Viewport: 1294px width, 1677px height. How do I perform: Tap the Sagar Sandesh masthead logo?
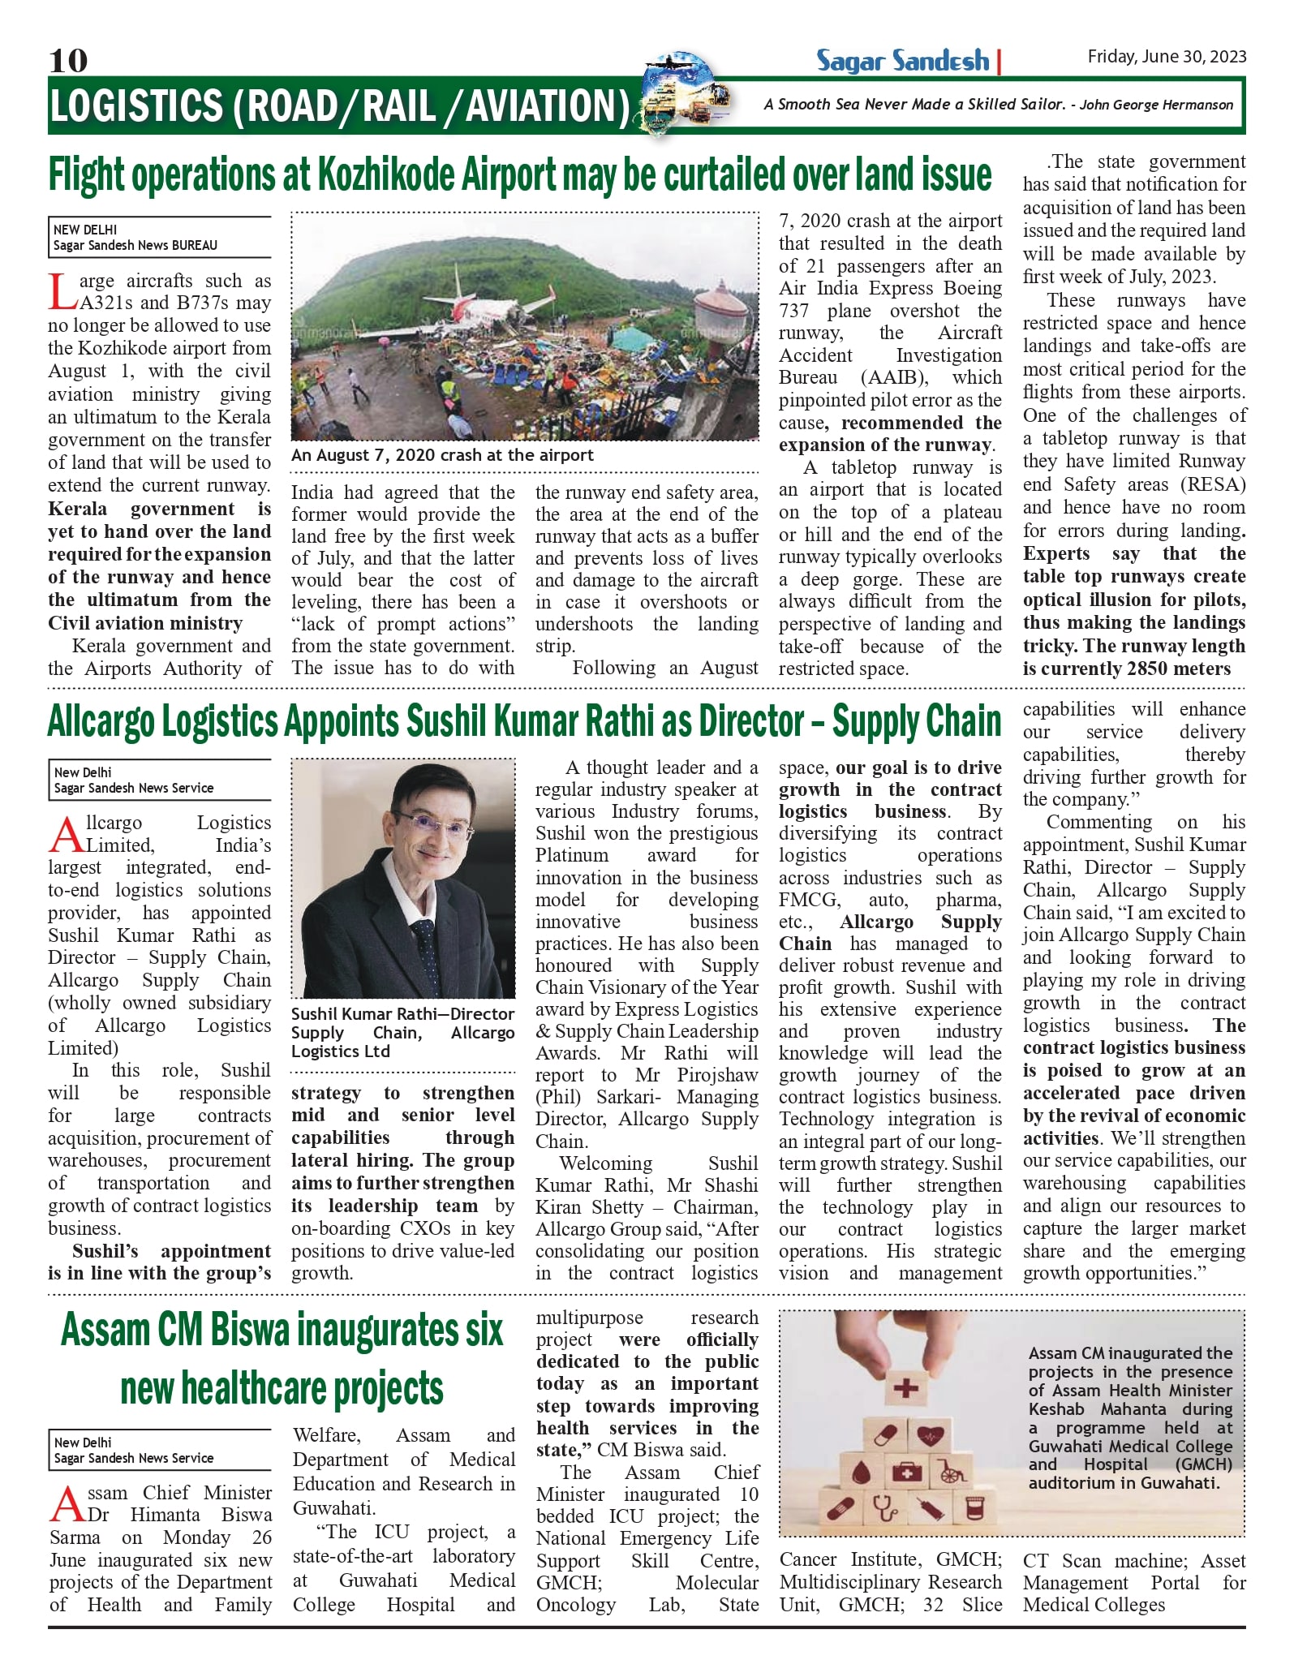point(902,61)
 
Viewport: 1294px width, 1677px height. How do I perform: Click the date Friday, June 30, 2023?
point(1166,56)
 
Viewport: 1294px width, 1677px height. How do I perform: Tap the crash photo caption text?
point(442,455)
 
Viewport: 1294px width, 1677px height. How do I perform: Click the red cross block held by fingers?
point(905,1388)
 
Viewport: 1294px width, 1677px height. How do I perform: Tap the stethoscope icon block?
point(884,1509)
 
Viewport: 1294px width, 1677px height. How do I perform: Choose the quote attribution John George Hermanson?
point(1156,105)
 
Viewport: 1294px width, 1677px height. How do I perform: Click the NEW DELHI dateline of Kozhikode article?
point(85,230)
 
